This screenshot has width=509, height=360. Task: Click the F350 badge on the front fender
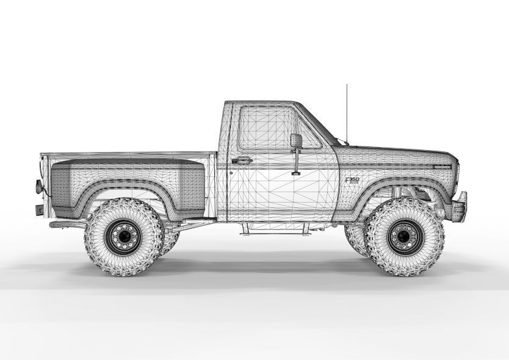pyautogui.click(x=353, y=181)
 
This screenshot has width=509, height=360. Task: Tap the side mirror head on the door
pyautogui.click(x=296, y=140)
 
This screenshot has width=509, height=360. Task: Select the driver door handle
pyautogui.click(x=242, y=160)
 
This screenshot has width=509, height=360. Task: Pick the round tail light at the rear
pyautogui.click(x=40, y=186)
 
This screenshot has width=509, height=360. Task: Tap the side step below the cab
pyautogui.click(x=273, y=231)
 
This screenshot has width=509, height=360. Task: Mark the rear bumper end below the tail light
pyautogui.click(x=39, y=210)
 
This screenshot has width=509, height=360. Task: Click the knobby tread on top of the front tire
pyautogui.click(x=402, y=203)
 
